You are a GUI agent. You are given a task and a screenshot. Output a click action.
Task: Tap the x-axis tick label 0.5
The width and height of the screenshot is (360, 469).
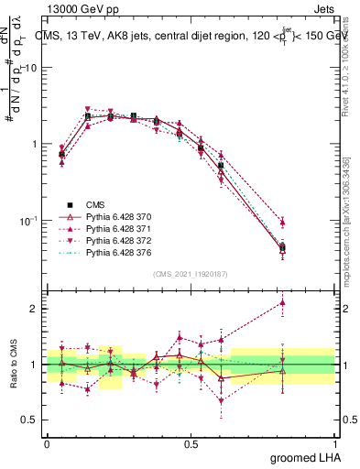click(191, 443)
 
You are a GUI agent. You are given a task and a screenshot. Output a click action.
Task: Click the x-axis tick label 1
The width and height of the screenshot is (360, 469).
click(334, 443)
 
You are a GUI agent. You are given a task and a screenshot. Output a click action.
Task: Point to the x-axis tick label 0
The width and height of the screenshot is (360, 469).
click(47, 443)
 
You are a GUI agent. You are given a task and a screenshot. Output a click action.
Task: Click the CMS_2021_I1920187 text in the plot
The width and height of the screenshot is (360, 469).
click(191, 274)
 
